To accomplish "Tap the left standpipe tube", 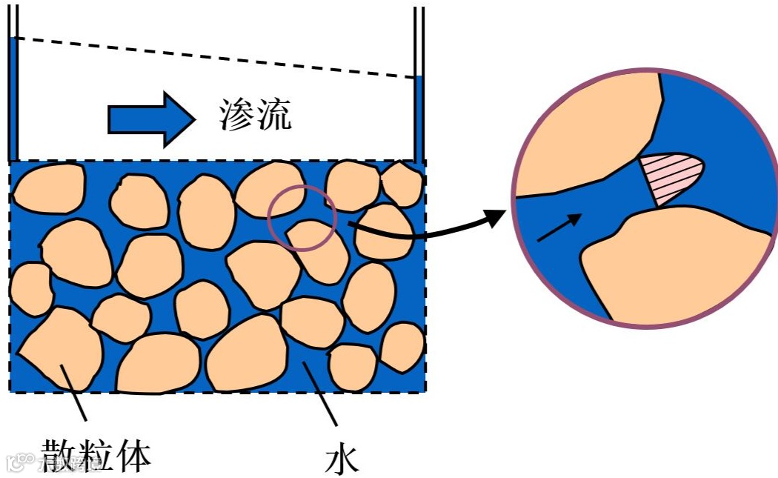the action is tap(13, 89).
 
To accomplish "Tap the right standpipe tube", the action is tap(419, 89).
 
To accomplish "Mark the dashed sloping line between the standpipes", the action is tap(215, 57).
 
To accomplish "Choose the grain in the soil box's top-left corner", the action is tap(48, 188).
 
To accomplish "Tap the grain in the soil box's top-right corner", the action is tap(401, 184).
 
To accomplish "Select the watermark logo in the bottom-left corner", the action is tap(16, 464).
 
